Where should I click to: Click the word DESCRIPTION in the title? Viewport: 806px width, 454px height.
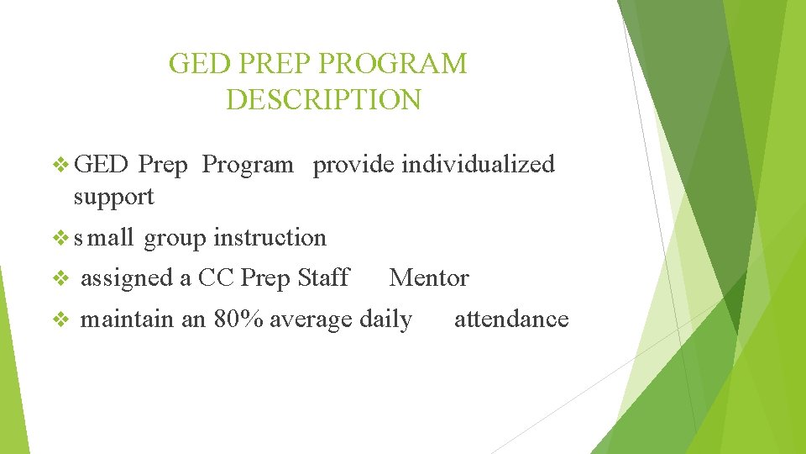coord(323,99)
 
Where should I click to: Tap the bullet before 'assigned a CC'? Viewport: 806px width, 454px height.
coord(60,278)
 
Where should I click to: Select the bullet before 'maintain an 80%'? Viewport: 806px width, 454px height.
coord(60,319)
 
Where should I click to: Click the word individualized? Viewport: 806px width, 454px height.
coord(478,164)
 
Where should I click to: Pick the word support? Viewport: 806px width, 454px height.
coord(113,197)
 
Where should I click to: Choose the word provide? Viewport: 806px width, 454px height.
coord(353,165)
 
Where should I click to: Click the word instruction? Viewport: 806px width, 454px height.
coord(270,238)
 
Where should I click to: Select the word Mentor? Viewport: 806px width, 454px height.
coord(429,278)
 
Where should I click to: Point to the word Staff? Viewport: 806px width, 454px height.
coord(323,278)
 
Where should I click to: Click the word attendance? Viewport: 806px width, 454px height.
coord(511,319)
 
